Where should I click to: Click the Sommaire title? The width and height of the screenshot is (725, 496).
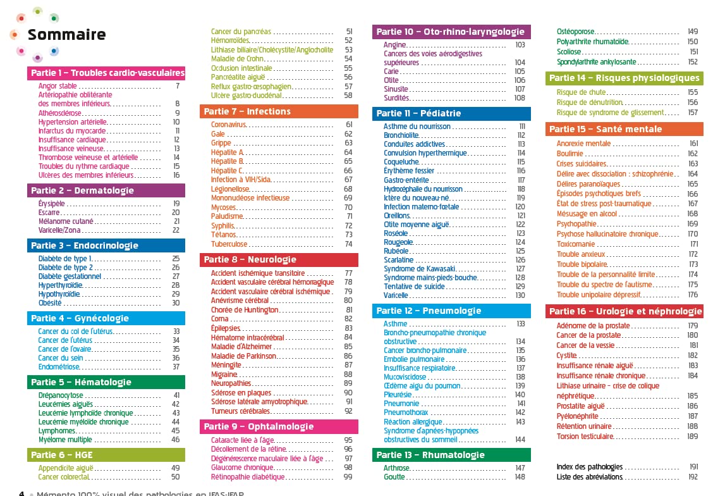pos(66,34)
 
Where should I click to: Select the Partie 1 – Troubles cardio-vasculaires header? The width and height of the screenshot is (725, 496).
pos(107,73)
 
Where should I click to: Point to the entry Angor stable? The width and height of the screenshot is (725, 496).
pos(58,86)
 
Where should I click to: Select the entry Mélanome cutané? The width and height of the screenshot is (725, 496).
pos(66,221)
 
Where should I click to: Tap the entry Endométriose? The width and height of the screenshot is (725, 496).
pos(59,366)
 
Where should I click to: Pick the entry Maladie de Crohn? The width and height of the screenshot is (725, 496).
pos(237,59)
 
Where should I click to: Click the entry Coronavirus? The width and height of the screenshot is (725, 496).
pos(228,125)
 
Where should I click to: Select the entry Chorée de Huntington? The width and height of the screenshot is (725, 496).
pos(245,310)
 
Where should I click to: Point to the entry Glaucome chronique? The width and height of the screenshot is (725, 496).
pos(242,468)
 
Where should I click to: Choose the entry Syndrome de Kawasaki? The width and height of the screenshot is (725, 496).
pos(419,269)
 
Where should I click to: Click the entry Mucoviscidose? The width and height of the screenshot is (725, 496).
pos(405,377)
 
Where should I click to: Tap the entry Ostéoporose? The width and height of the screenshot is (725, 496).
pos(575,32)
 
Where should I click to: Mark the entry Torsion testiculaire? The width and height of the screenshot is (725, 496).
pos(586,437)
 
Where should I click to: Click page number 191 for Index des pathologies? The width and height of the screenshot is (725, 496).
pos(693,467)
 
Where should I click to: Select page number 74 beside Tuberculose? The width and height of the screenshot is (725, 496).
pos(348,244)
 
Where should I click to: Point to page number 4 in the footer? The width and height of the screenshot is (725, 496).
pos(21,493)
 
